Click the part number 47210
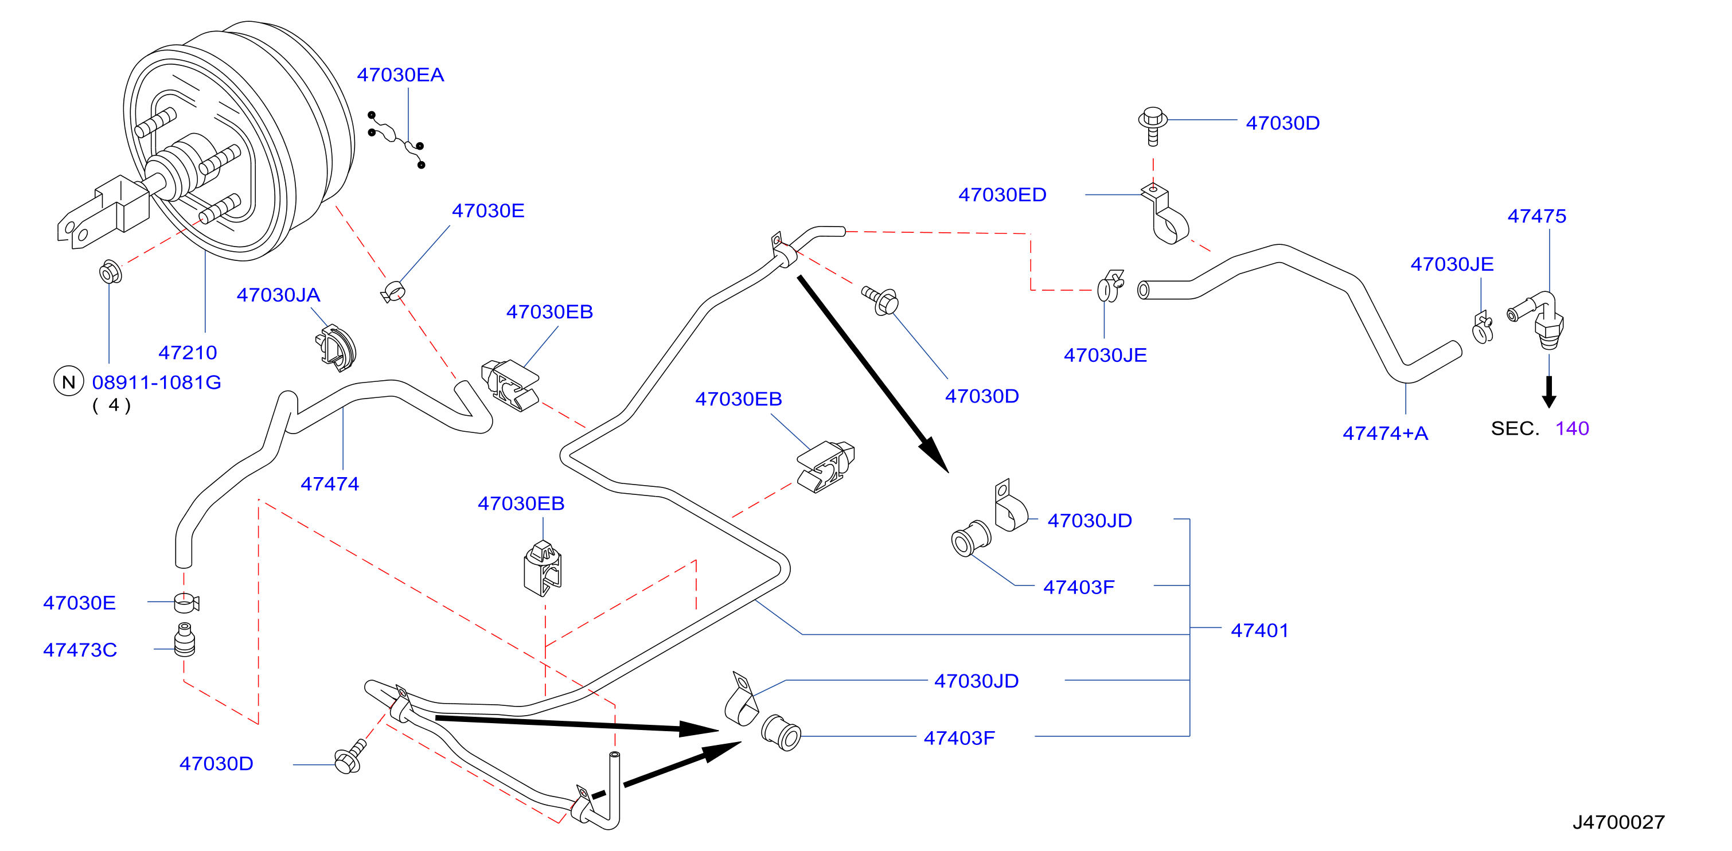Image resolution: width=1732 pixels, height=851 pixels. click(188, 352)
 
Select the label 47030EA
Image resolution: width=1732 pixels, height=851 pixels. click(400, 75)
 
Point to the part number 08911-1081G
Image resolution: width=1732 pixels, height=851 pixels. click(157, 382)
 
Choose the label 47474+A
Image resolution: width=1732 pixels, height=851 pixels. click(1385, 433)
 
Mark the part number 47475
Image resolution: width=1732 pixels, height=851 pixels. click(1536, 216)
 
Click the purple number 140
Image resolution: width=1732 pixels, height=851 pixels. click(1572, 428)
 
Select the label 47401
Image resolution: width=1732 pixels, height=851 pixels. click(1259, 631)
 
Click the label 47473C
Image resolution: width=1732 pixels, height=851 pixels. click(80, 650)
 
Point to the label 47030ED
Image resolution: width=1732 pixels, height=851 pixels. click(1002, 195)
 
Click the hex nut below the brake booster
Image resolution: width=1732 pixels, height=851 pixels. click(110, 272)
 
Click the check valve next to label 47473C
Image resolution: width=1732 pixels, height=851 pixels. click(184, 640)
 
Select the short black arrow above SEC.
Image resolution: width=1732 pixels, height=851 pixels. click(1549, 391)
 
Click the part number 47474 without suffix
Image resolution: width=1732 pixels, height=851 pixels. click(329, 483)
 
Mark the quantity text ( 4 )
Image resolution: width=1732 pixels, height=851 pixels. click(112, 405)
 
